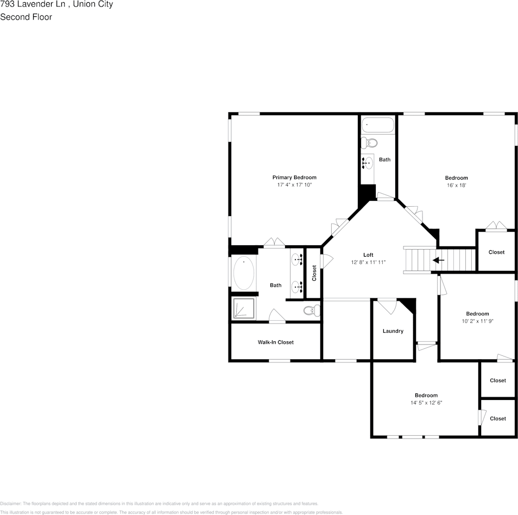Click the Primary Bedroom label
[x=294, y=177]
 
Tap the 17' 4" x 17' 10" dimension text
[x=294, y=185]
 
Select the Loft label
[x=368, y=255]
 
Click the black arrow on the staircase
[x=438, y=260]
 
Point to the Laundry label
[x=393, y=331]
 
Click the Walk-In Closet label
[x=275, y=342]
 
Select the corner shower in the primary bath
[x=243, y=309]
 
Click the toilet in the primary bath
[x=312, y=311]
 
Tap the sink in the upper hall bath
[x=368, y=162]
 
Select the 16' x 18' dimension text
[x=456, y=186]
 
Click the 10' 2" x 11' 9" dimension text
[x=477, y=321]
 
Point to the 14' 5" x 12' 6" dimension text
[x=426, y=403]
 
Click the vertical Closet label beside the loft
[x=314, y=272]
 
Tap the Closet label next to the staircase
[x=496, y=252]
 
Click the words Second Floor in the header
[x=26, y=17]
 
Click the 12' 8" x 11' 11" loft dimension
[x=368, y=263]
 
